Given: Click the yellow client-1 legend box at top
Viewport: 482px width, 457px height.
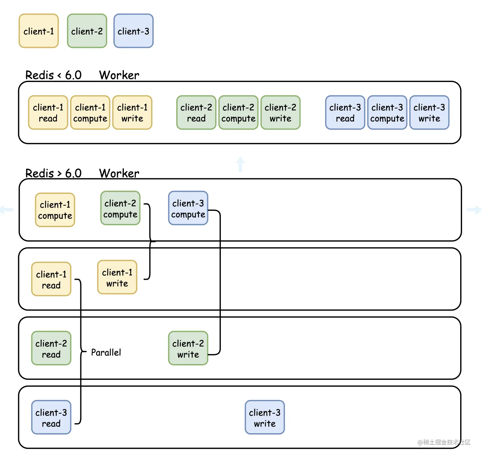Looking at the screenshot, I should [39, 31].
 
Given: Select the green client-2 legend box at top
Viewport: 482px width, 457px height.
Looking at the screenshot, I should [87, 31].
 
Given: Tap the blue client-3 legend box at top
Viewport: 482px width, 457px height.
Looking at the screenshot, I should [134, 31].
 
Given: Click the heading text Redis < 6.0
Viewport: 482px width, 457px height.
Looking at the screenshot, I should [54, 75].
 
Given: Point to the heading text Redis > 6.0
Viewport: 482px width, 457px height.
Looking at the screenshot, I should [54, 173].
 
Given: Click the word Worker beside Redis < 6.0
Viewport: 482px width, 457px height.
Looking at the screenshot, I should [119, 75].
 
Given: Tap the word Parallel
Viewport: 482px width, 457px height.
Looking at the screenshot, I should [106, 353].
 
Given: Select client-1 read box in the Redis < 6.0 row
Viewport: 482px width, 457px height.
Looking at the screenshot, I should [48, 113].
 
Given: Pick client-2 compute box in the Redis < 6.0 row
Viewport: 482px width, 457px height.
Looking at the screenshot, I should [238, 113].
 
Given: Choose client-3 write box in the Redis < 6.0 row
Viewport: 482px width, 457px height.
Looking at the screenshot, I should [429, 113].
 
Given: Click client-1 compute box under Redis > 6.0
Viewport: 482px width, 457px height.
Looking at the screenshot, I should [55, 210].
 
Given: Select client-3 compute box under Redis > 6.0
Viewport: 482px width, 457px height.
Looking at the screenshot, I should [188, 208].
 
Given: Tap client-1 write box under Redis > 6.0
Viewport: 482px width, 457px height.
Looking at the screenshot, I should [117, 277].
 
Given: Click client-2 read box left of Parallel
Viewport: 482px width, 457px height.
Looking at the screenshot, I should [51, 349].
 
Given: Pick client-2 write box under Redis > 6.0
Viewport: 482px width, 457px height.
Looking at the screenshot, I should [188, 349].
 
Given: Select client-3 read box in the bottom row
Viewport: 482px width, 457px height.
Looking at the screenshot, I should [51, 418].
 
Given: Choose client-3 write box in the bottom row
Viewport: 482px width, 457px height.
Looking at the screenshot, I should [264, 418].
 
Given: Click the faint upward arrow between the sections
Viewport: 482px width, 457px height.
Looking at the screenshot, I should [241, 164].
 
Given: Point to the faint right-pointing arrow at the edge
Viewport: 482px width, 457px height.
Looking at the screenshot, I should [474, 210].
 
